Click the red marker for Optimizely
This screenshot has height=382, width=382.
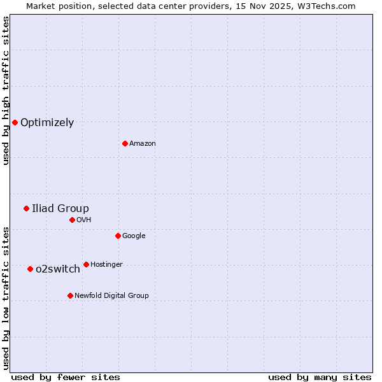pyautogui.click(x=15, y=122)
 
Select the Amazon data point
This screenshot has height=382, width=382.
pyautogui.click(x=125, y=143)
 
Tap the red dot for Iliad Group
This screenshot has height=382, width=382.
pyautogui.click(x=26, y=208)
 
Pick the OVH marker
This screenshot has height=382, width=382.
pyautogui.click(x=72, y=220)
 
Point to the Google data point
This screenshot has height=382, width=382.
pyautogui.click(x=118, y=236)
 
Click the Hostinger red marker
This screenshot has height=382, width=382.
pyautogui.click(x=86, y=264)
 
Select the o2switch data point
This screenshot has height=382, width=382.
pyautogui.click(x=30, y=269)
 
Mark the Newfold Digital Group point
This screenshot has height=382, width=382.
pyautogui.click(x=70, y=295)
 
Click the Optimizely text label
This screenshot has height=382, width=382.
pyautogui.click(x=47, y=123)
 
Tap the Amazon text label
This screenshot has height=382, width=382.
pyautogui.click(x=143, y=144)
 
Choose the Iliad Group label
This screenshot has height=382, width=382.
pyautogui.click(x=60, y=209)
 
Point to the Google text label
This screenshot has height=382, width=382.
pyautogui.click(x=134, y=236)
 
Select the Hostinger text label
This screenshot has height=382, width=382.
pyautogui.click(x=106, y=265)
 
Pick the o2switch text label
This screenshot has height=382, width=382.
pyautogui.click(x=58, y=269)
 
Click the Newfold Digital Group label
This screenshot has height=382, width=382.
pyautogui.click(x=111, y=296)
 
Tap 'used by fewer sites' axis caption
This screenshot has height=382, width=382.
pyautogui.click(x=66, y=377)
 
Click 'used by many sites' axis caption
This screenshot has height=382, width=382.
pyautogui.click(x=320, y=377)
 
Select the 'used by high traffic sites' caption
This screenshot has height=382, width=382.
pyautogui.click(x=6, y=91)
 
